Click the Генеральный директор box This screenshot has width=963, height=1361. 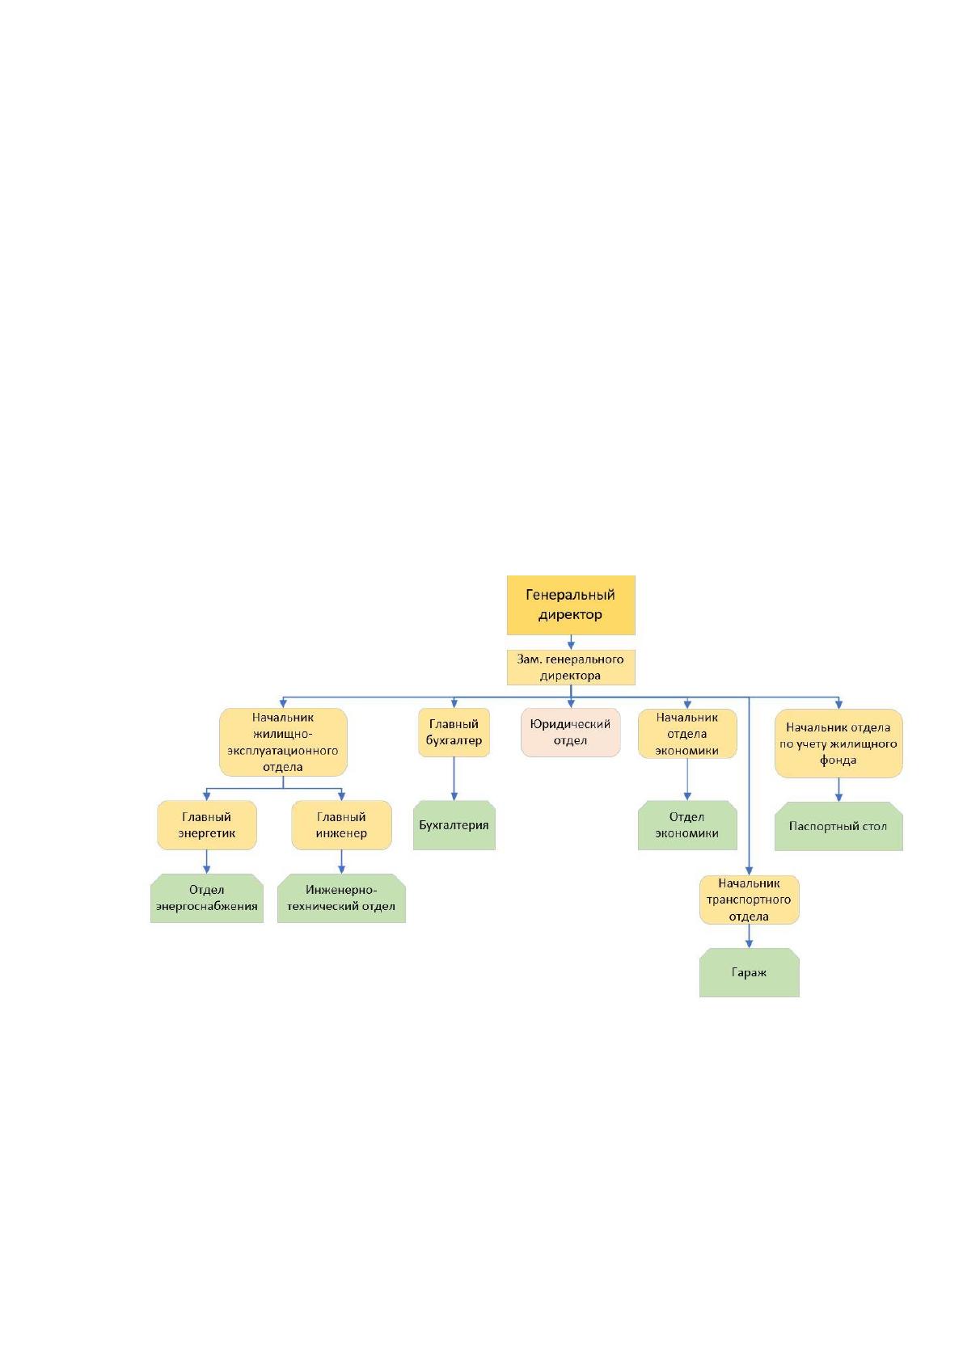click(x=571, y=605)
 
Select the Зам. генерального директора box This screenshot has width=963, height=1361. click(x=571, y=667)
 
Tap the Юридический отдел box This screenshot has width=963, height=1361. click(x=570, y=732)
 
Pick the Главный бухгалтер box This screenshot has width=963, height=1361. click(x=454, y=732)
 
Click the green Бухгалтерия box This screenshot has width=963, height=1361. click(x=454, y=825)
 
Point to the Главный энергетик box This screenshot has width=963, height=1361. click(x=207, y=825)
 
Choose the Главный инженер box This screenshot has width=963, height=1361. click(x=341, y=825)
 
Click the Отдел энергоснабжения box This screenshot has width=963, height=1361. click(x=207, y=899)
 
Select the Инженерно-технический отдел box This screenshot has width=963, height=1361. click(x=341, y=899)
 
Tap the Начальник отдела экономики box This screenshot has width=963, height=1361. click(x=687, y=733)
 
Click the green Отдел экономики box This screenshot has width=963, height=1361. click(x=687, y=825)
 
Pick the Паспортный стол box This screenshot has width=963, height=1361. click(x=838, y=826)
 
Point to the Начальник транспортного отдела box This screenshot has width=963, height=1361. click(x=749, y=900)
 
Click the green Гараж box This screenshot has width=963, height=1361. click(x=749, y=973)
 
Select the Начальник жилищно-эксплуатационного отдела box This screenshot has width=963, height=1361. click(x=283, y=742)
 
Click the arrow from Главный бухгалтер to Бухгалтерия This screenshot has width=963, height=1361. click(x=454, y=779)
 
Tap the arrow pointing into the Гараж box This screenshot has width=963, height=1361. click(x=749, y=937)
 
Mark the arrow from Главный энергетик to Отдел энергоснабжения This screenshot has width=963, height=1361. click(x=207, y=862)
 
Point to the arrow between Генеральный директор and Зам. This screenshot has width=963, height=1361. click(x=571, y=643)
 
